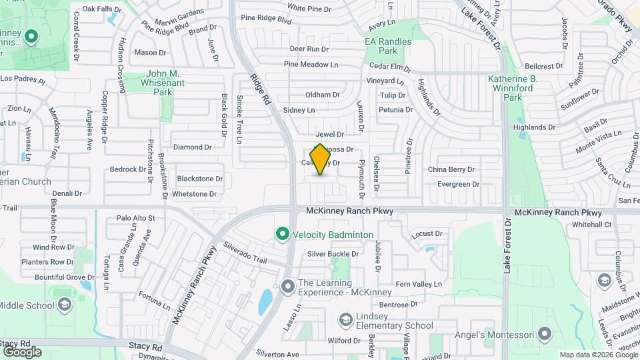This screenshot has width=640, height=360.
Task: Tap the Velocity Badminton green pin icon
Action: tap(282, 235)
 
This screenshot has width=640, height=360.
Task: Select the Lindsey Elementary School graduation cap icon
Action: tap(346, 321)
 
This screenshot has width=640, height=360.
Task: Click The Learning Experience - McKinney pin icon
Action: tap(288, 287)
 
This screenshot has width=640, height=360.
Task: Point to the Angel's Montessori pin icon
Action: tap(545, 333)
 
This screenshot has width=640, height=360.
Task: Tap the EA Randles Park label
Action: tap(388, 46)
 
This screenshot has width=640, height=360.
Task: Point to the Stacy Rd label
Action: tap(147, 347)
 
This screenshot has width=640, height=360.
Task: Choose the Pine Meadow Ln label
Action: tap(311, 65)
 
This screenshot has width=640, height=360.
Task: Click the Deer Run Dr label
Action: tap(309, 49)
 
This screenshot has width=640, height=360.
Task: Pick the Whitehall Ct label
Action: tap(591, 225)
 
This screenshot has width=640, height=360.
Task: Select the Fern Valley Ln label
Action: tap(419, 285)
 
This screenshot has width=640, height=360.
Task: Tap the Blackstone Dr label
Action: tap(199, 179)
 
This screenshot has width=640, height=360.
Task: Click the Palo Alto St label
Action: tap(135, 218)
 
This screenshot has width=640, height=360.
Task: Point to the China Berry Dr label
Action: tap(451, 170)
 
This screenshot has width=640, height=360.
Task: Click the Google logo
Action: tap(22, 352)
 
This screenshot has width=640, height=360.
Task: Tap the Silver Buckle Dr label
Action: tap(333, 254)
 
